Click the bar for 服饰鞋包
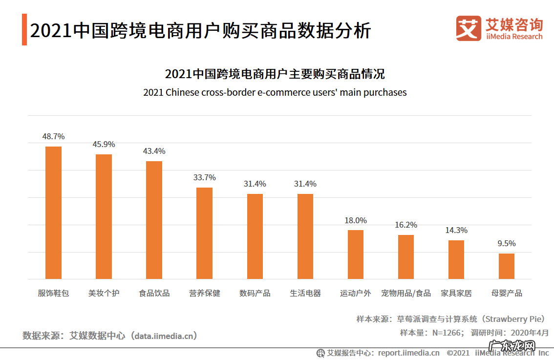tap(53, 212)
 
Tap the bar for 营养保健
tap(204, 233)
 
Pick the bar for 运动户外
tap(355, 254)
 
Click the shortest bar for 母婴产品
tap(506, 266)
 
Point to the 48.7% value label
tap(53, 136)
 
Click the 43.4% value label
tap(154, 151)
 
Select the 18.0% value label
tap(355, 220)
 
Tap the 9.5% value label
tap(506, 243)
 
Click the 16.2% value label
tap(405, 225)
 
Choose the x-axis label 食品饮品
tap(154, 293)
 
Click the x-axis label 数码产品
tap(255, 293)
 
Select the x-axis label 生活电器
tap(305, 293)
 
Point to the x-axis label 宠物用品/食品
tap(405, 293)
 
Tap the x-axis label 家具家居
tap(456, 293)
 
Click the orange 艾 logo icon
tap(468, 28)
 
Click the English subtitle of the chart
tap(275, 92)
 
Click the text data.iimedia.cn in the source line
tap(166, 336)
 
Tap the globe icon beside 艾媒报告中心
tap(320, 353)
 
